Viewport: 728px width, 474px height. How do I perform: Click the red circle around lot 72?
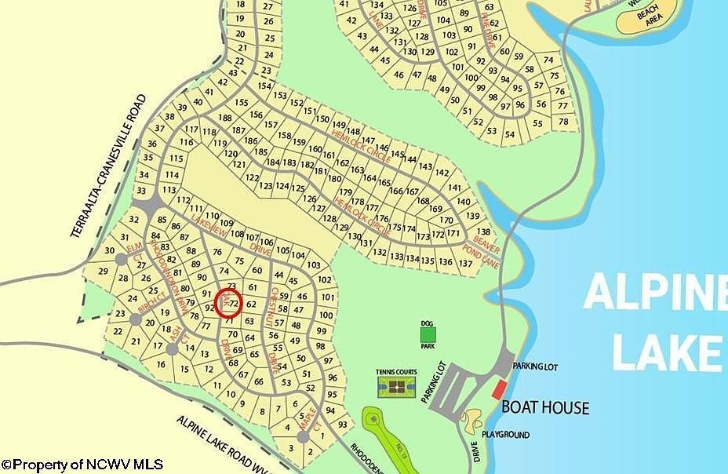[228, 302]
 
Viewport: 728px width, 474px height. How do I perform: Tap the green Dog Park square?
[428, 334]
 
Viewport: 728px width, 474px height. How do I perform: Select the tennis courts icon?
[395, 386]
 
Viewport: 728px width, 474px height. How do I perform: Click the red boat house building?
[498, 388]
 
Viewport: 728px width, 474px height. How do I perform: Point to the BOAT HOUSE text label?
[545, 407]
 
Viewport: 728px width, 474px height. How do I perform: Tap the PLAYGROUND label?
[505, 435]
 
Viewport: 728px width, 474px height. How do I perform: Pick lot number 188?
[226, 118]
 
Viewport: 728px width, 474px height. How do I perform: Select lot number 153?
[280, 95]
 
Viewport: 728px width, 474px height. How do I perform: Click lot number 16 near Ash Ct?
[161, 364]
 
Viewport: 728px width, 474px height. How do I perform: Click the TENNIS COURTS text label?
[397, 374]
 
